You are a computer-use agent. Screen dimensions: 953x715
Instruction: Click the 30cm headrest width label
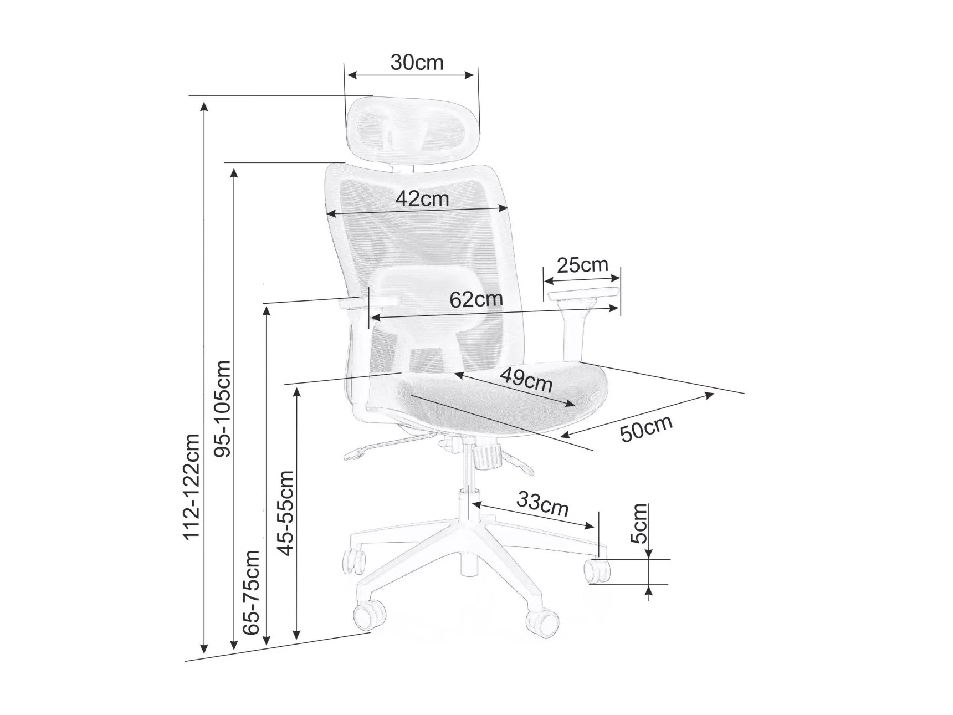(417, 63)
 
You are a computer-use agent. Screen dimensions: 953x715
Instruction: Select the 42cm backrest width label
(422, 198)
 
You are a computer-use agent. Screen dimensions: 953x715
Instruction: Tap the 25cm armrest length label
(582, 265)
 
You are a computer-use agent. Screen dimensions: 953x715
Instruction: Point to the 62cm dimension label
(476, 299)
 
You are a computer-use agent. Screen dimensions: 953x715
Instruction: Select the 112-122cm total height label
(192, 486)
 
